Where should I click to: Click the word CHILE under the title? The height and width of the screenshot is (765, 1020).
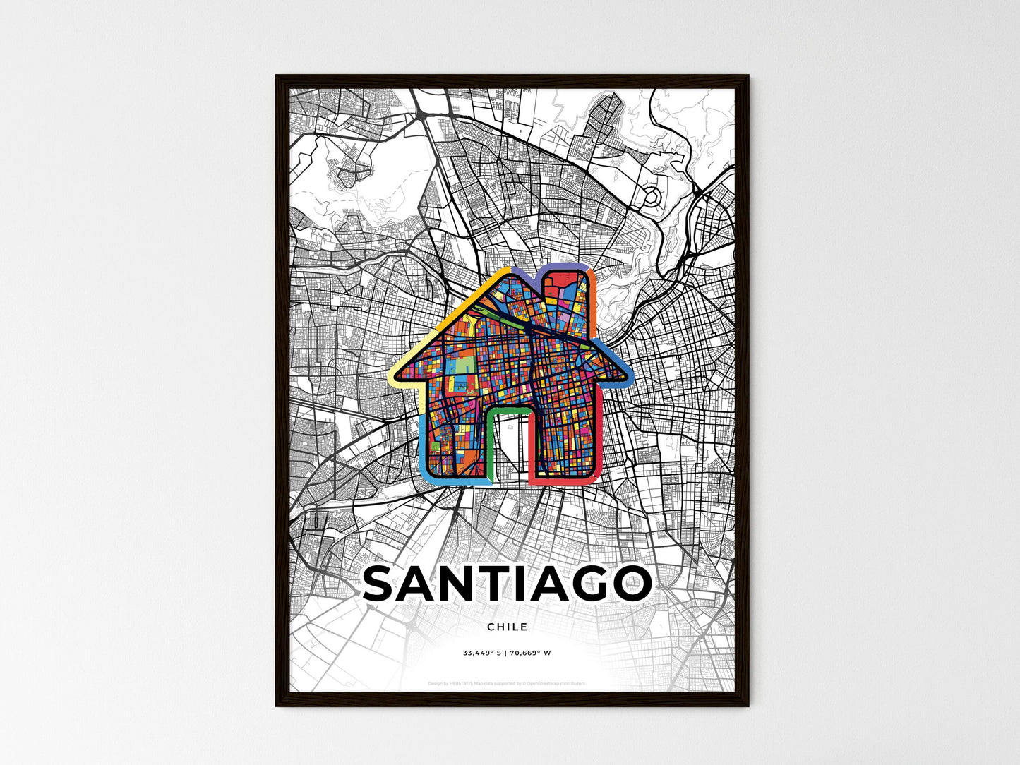click(507, 627)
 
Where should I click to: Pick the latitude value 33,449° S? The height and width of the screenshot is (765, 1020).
click(481, 653)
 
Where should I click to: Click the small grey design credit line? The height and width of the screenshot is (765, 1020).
click(507, 683)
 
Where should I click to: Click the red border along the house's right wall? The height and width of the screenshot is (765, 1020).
click(599, 438)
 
